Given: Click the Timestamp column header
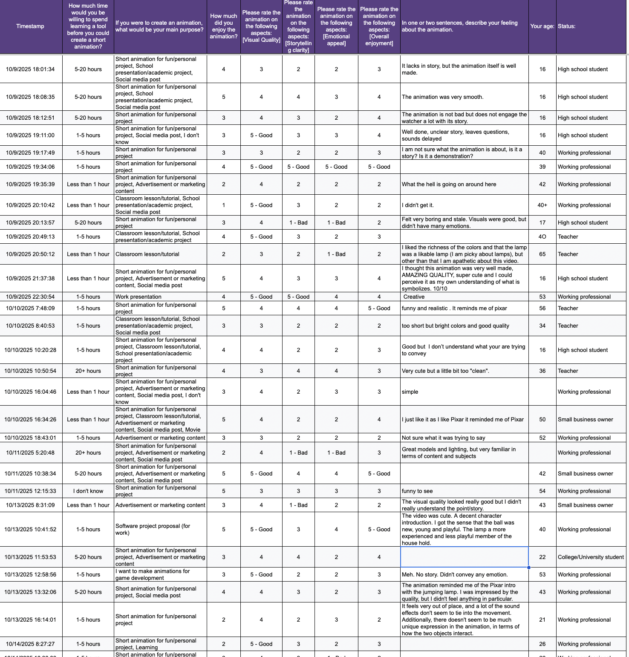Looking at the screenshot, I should (x=30, y=26).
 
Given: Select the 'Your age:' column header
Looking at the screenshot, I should (x=542, y=26).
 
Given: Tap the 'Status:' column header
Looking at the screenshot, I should (x=566, y=26).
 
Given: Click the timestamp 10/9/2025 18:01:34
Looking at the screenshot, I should (x=30, y=69).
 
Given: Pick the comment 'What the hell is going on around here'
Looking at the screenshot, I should (x=449, y=184).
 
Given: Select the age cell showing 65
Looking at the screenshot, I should (x=542, y=254).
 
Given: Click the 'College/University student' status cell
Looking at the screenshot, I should (x=591, y=557).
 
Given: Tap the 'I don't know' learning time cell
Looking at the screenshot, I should (x=88, y=491).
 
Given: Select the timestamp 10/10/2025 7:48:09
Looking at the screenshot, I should (x=30, y=308).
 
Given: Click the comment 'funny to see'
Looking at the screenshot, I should (x=417, y=491).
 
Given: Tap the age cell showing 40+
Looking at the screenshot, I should (x=542, y=205).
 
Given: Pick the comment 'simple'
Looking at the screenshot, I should (x=410, y=392).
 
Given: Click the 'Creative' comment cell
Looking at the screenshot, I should (x=414, y=297).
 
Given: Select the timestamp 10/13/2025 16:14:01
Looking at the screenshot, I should (x=30, y=620).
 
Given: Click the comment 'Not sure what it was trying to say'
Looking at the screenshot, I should (x=443, y=438).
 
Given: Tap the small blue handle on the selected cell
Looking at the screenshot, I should (x=528, y=568).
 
